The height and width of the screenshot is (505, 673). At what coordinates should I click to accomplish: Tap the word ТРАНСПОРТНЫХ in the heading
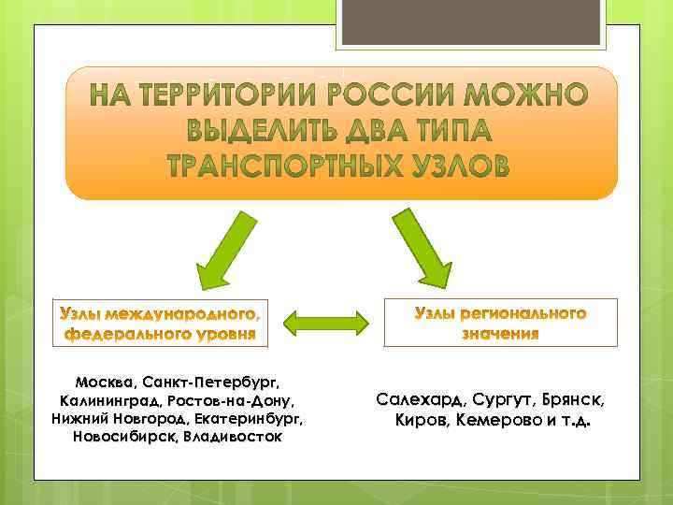[x=290, y=166]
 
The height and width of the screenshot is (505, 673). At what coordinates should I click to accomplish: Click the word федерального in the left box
[x=124, y=333]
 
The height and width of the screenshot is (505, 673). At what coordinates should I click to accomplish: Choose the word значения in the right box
[x=501, y=334]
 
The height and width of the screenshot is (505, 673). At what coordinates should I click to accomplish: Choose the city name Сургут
[x=500, y=400]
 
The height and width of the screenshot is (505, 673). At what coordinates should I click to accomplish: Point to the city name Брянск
[x=573, y=400]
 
